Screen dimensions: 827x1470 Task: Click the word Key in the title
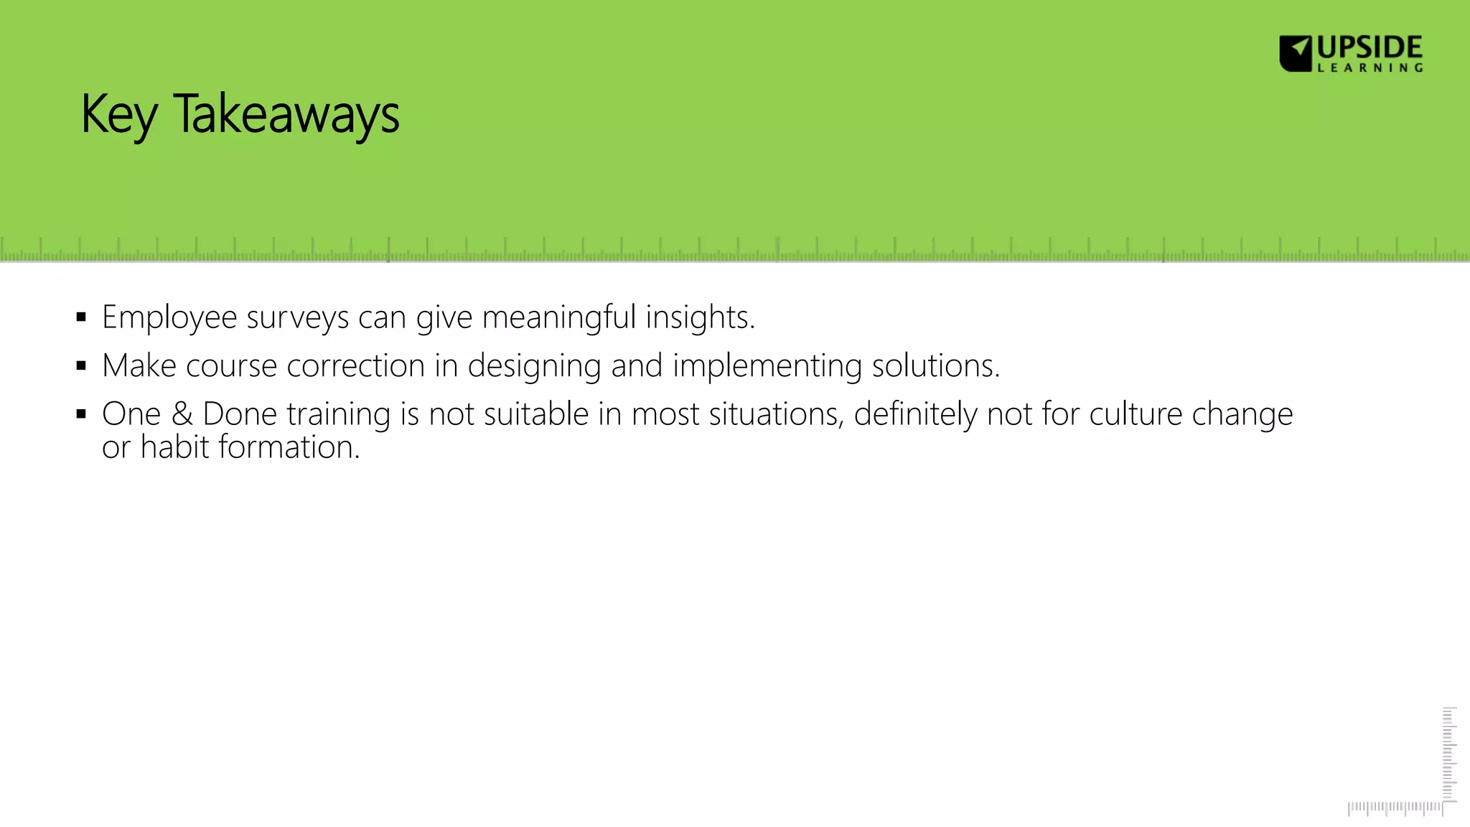[x=118, y=115]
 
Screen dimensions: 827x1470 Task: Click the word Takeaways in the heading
[x=286, y=115]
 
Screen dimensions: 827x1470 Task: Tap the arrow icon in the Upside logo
[x=1296, y=53]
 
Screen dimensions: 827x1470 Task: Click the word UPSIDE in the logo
[x=1370, y=48]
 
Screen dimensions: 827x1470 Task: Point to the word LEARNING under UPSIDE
[x=1370, y=68]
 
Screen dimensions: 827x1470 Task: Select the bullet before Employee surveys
[x=81, y=317]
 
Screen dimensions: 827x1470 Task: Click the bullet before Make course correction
[x=81, y=366]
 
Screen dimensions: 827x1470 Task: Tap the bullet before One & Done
[x=81, y=414]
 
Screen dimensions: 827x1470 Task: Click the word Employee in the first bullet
[x=169, y=317]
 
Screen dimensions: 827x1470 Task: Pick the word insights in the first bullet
[x=699, y=317]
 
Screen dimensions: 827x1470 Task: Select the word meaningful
[x=558, y=317]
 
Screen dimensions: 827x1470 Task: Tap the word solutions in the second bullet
[x=935, y=366]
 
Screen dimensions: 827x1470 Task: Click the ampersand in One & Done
[x=182, y=414]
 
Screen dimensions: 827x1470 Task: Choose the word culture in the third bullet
[x=1136, y=414]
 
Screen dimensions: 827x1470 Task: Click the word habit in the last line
[x=174, y=447]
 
